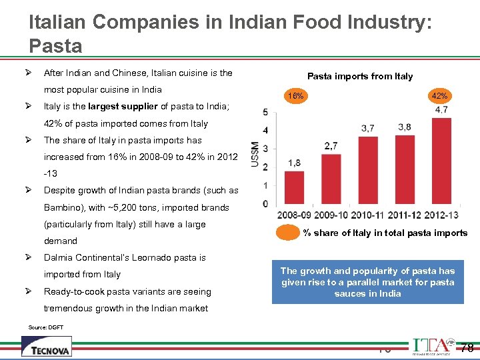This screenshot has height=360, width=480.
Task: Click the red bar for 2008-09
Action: tap(294, 187)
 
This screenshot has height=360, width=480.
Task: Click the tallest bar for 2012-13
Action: tap(440, 161)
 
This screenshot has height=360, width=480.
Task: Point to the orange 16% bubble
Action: tap(295, 96)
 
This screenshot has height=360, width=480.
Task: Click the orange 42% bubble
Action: tap(439, 96)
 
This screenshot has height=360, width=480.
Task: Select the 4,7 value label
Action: tap(441, 110)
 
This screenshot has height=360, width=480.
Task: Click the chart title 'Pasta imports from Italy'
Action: tap(360, 76)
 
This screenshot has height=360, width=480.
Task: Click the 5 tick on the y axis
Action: tap(266, 111)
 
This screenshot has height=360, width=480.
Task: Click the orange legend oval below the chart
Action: tap(288, 233)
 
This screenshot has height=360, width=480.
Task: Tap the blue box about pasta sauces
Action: tap(367, 282)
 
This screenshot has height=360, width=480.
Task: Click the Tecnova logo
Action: tap(46, 345)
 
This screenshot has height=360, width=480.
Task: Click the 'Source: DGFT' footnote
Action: tap(45, 327)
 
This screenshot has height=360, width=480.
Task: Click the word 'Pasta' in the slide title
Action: tap(56, 46)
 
